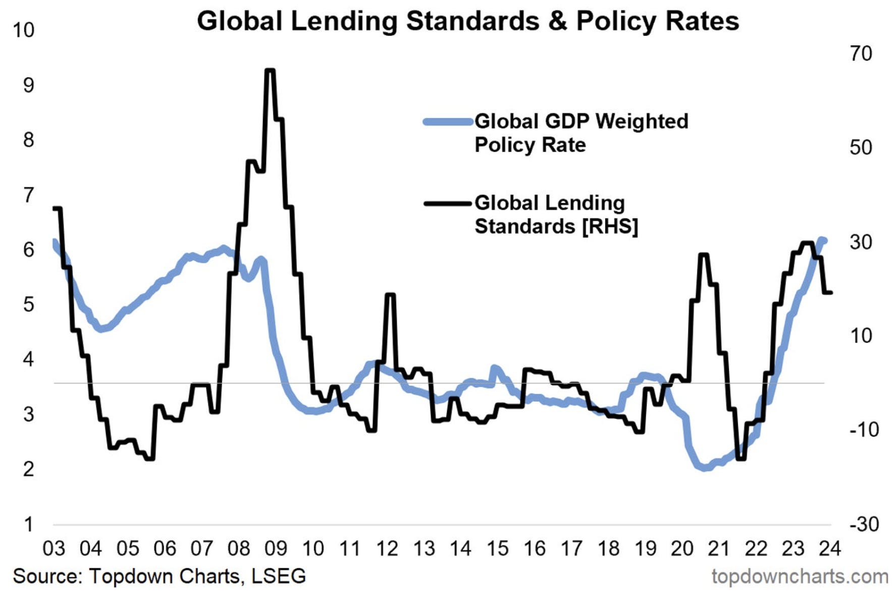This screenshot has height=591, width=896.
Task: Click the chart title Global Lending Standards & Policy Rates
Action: [467, 21]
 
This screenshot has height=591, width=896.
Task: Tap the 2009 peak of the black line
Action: [270, 71]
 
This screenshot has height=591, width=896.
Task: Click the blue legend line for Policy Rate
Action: [448, 122]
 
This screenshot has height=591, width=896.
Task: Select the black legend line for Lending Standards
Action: [448, 204]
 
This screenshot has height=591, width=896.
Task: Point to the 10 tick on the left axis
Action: [23, 30]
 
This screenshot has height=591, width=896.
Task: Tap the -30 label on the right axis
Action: [864, 524]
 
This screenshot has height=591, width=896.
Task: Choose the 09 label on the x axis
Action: [276, 549]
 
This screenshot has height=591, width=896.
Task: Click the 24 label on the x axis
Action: [829, 549]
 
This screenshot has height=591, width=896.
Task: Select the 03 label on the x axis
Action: [54, 549]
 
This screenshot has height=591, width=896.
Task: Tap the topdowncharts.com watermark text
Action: [800, 576]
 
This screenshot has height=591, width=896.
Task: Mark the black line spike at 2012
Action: [390, 294]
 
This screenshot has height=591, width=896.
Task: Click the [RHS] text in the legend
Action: [610, 227]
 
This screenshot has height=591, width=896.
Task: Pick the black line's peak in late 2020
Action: [704, 255]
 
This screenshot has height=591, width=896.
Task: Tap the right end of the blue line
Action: [824, 240]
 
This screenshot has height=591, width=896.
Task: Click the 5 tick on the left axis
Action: [28, 305]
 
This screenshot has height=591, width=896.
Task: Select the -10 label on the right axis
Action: [864, 430]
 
